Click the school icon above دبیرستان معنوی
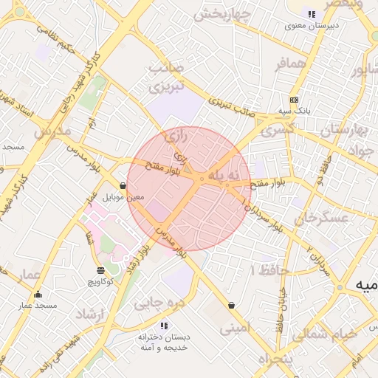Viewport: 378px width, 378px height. click(x=311, y=14)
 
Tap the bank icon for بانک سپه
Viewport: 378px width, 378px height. click(x=294, y=100)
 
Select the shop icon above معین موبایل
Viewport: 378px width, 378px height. click(x=123, y=185)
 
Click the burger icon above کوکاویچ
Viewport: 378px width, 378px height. click(x=100, y=270)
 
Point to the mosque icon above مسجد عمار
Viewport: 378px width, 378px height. click(x=38, y=295)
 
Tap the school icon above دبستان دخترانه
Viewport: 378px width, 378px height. click(x=164, y=326)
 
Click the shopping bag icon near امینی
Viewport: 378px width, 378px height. click(x=232, y=305)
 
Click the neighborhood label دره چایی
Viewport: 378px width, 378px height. click(x=157, y=303)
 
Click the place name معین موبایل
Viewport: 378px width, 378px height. click(x=123, y=198)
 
